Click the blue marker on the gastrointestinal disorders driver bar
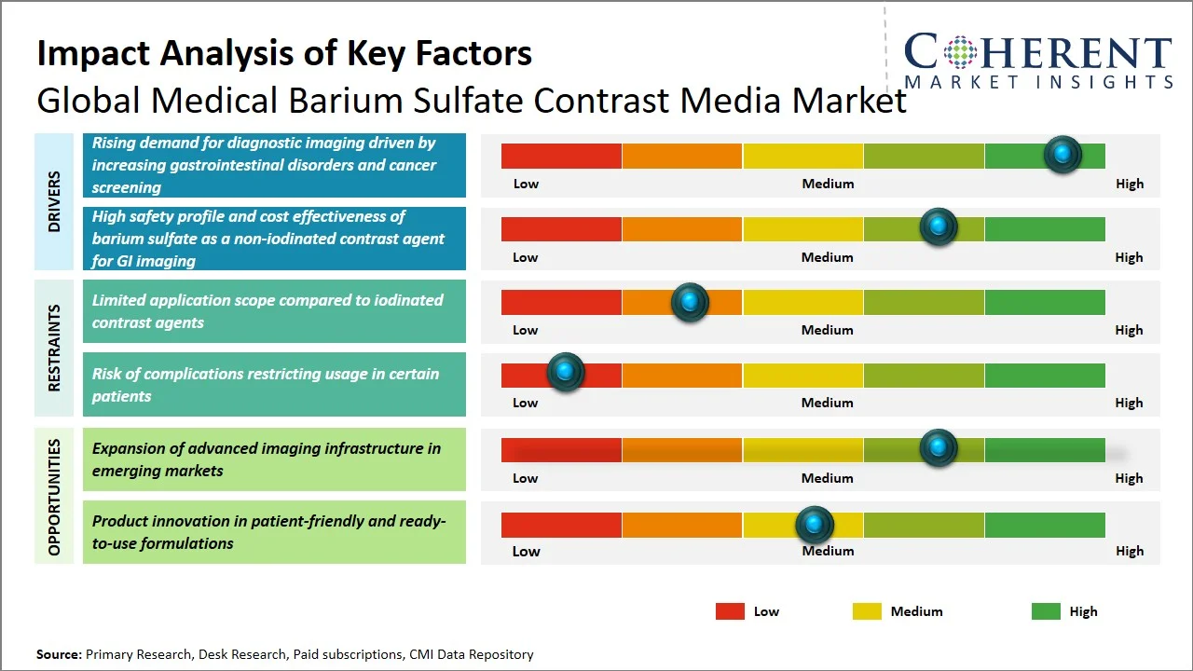point(1063,154)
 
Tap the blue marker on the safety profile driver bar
point(939,226)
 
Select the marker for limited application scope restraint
point(690,301)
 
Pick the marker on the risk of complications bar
point(565,372)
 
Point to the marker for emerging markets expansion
point(939,447)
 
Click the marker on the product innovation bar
point(816,525)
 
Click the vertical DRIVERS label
point(54,201)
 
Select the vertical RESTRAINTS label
point(54,348)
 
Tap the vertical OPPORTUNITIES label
point(54,497)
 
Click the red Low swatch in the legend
point(730,611)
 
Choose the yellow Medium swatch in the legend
point(867,611)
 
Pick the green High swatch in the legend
point(1046,611)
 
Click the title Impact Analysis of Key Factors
point(284,53)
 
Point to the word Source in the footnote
point(58,654)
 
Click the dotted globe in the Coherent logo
point(959,52)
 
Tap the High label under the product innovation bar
point(1129,551)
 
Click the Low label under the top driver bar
point(526,184)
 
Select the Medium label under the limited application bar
point(828,330)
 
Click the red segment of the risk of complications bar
point(531,376)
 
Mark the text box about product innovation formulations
point(274,532)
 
